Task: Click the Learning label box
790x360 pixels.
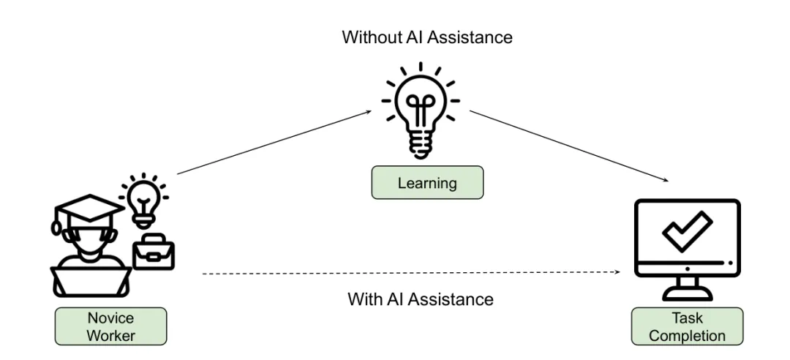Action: [427, 182]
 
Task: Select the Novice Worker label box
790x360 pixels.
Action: [111, 326]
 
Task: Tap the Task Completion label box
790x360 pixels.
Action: [687, 326]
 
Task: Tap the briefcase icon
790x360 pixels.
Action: [152, 252]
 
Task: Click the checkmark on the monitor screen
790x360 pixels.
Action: [686, 231]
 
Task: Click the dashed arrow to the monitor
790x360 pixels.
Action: [410, 273]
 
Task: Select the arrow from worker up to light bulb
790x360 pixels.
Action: [274, 142]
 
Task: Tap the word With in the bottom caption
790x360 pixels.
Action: [364, 299]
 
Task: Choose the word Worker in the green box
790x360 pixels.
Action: [111, 335]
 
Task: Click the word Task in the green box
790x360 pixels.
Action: [687, 318]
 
